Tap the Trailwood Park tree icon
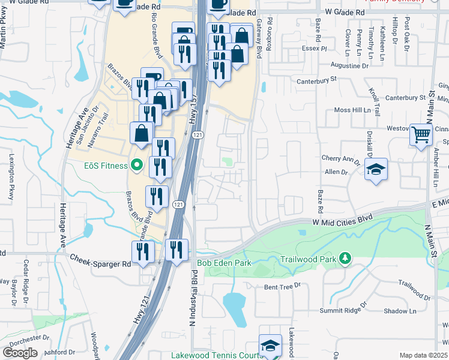coord(345,259)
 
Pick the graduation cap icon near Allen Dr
coord(376,170)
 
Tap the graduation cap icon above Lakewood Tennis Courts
coord(270,344)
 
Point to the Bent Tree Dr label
coord(282,287)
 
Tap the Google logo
coord(20,353)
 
